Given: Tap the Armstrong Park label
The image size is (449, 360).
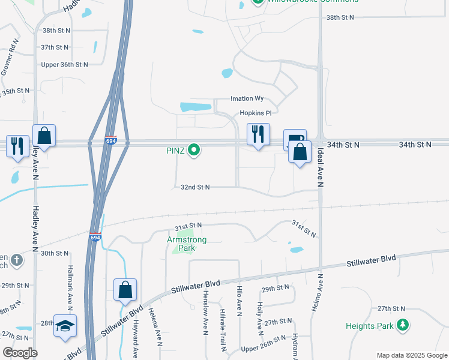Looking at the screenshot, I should point(187,240).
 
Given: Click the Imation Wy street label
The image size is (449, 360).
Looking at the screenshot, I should point(247,98).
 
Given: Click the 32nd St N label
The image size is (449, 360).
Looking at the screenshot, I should point(195,187).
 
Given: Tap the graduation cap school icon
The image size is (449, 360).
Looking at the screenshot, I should point(65,326).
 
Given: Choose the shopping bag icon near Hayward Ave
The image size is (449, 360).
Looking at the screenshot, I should point(125,290).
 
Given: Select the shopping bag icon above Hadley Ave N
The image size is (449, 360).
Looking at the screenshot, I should point(44,136).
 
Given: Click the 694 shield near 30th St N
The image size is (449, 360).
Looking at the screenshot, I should point(95,238).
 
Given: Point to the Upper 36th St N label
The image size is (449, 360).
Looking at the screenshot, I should point(64,64).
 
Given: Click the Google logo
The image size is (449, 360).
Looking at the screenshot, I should point(19,353).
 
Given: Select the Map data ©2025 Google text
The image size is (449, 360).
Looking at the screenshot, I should point(412,355).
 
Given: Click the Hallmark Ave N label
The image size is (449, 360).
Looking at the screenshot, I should point(70,289).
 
